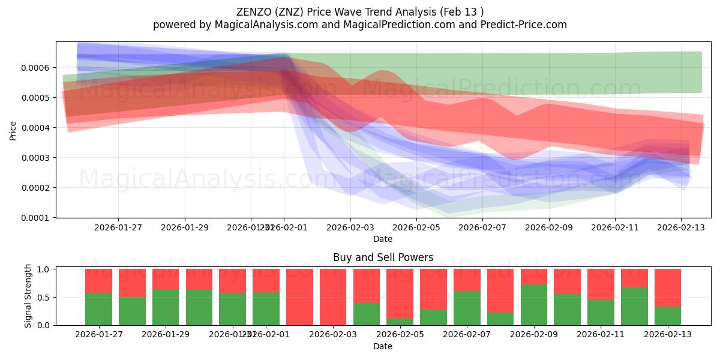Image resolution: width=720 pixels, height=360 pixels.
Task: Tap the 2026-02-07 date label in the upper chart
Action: tap(482, 227)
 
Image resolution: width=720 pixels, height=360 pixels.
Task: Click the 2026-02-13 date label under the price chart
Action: tap(680, 227)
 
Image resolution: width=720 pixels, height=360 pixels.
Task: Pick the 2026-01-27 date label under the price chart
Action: tap(118, 227)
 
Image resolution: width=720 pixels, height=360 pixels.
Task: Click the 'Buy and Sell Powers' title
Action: tap(383, 257)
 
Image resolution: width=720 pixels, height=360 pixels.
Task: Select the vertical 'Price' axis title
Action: tap(13, 131)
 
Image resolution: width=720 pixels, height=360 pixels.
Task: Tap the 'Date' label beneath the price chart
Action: tap(383, 239)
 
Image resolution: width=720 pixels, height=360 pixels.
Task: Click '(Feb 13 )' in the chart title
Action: tap(462, 11)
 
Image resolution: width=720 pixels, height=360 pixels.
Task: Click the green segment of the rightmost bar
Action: tap(668, 316)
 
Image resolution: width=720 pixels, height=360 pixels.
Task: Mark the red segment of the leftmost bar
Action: tap(98, 281)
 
